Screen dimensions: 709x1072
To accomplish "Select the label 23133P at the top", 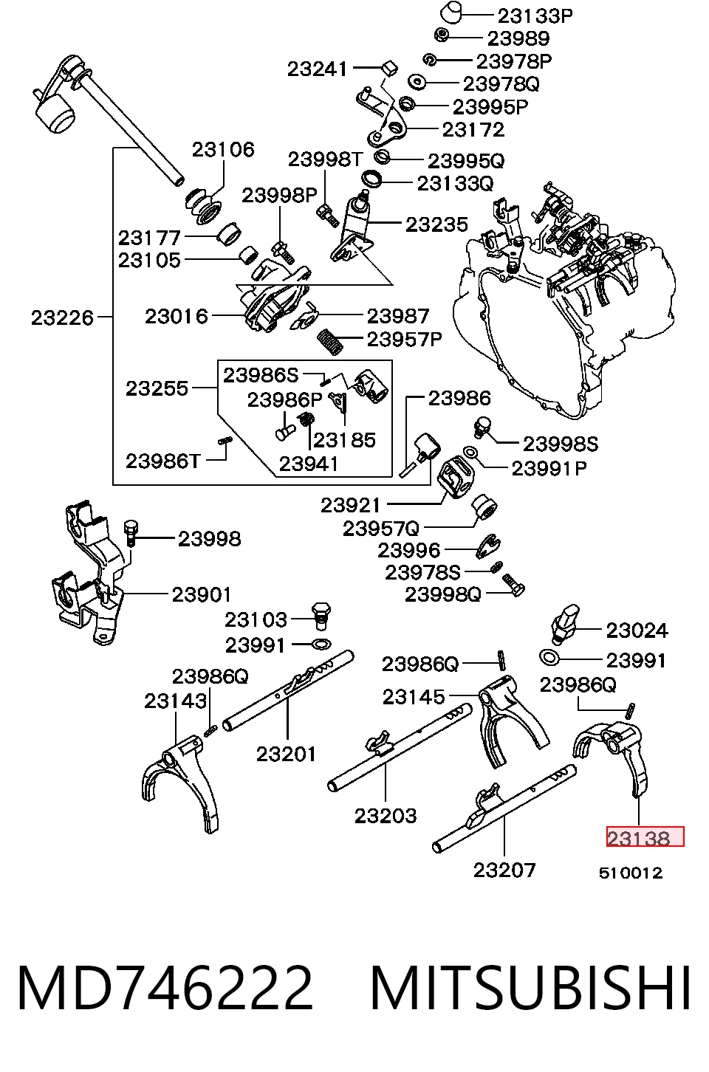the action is (535, 16).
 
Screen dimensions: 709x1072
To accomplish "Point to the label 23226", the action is (62, 317).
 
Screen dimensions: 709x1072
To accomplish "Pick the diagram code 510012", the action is (631, 873).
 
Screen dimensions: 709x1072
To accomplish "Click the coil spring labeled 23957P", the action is (331, 342).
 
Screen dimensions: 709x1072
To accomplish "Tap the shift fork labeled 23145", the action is (513, 719).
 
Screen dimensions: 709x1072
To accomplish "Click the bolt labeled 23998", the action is (131, 532).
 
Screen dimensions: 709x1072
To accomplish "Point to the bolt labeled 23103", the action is (321, 616).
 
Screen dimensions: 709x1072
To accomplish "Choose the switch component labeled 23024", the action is (565, 624).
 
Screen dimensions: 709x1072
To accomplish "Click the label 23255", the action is (157, 388).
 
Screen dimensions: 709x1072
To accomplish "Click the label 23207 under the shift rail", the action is (504, 870).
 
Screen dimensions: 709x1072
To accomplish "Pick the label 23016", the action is (177, 316).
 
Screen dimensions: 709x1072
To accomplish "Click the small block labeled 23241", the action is (390, 68).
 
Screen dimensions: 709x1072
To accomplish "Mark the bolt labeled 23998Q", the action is (513, 585).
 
